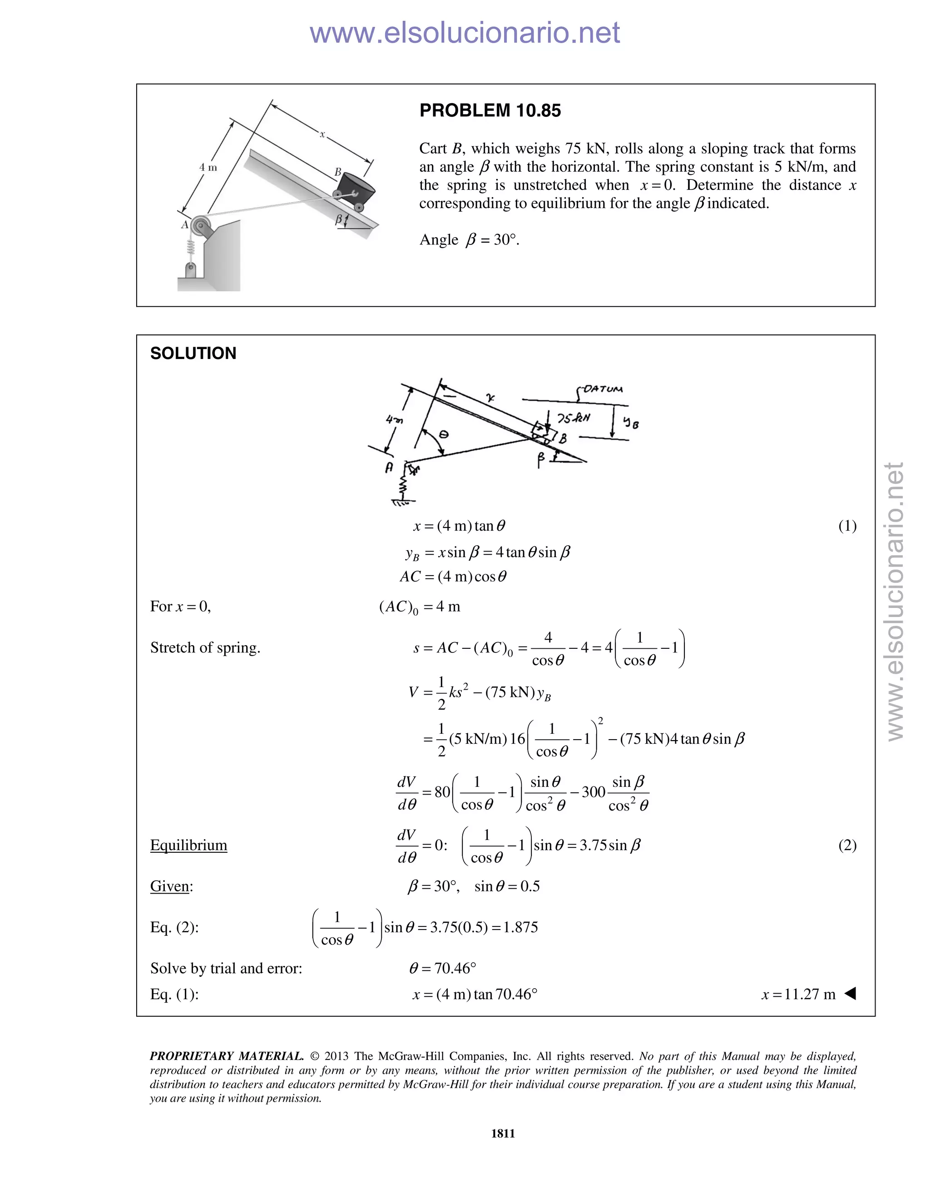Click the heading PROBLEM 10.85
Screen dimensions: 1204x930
[x=490, y=110]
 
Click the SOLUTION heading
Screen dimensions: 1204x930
[x=193, y=353]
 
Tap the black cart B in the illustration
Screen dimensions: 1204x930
[x=356, y=189]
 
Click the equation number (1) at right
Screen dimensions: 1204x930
[x=847, y=526]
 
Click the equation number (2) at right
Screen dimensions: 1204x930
[x=847, y=845]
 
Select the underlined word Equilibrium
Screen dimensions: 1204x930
[x=188, y=845]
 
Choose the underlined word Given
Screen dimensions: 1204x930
[x=170, y=886]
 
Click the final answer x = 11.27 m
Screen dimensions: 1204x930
[x=798, y=995]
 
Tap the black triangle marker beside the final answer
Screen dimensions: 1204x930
[x=850, y=993]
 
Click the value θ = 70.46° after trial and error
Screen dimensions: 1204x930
[x=442, y=968]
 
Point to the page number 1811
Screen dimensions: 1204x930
[x=503, y=1134]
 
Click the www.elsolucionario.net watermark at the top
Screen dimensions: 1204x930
[x=465, y=33]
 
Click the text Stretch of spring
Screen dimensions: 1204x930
[x=205, y=648]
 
